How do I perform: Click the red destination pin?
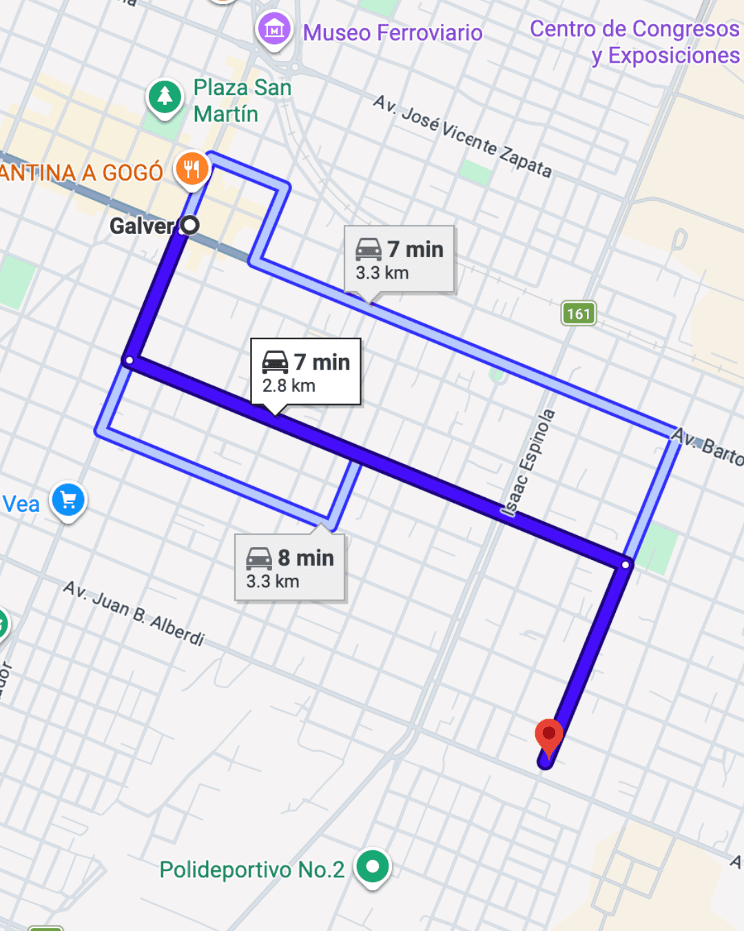548,735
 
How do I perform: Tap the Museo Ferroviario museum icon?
274,30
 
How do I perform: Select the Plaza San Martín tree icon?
165,97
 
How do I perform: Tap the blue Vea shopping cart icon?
68,500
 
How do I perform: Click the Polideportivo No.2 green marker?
373,866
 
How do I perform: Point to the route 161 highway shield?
579,314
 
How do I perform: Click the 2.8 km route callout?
305,372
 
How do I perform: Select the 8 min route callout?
289,568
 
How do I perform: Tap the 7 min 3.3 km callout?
399,259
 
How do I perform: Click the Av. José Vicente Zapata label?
462,136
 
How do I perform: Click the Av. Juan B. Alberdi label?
134,612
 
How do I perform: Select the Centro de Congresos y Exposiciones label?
634,41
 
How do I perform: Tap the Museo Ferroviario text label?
393,32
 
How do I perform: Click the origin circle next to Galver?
189,225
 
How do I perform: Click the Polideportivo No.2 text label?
251,870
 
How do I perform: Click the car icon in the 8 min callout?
259,558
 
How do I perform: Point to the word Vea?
21,504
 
